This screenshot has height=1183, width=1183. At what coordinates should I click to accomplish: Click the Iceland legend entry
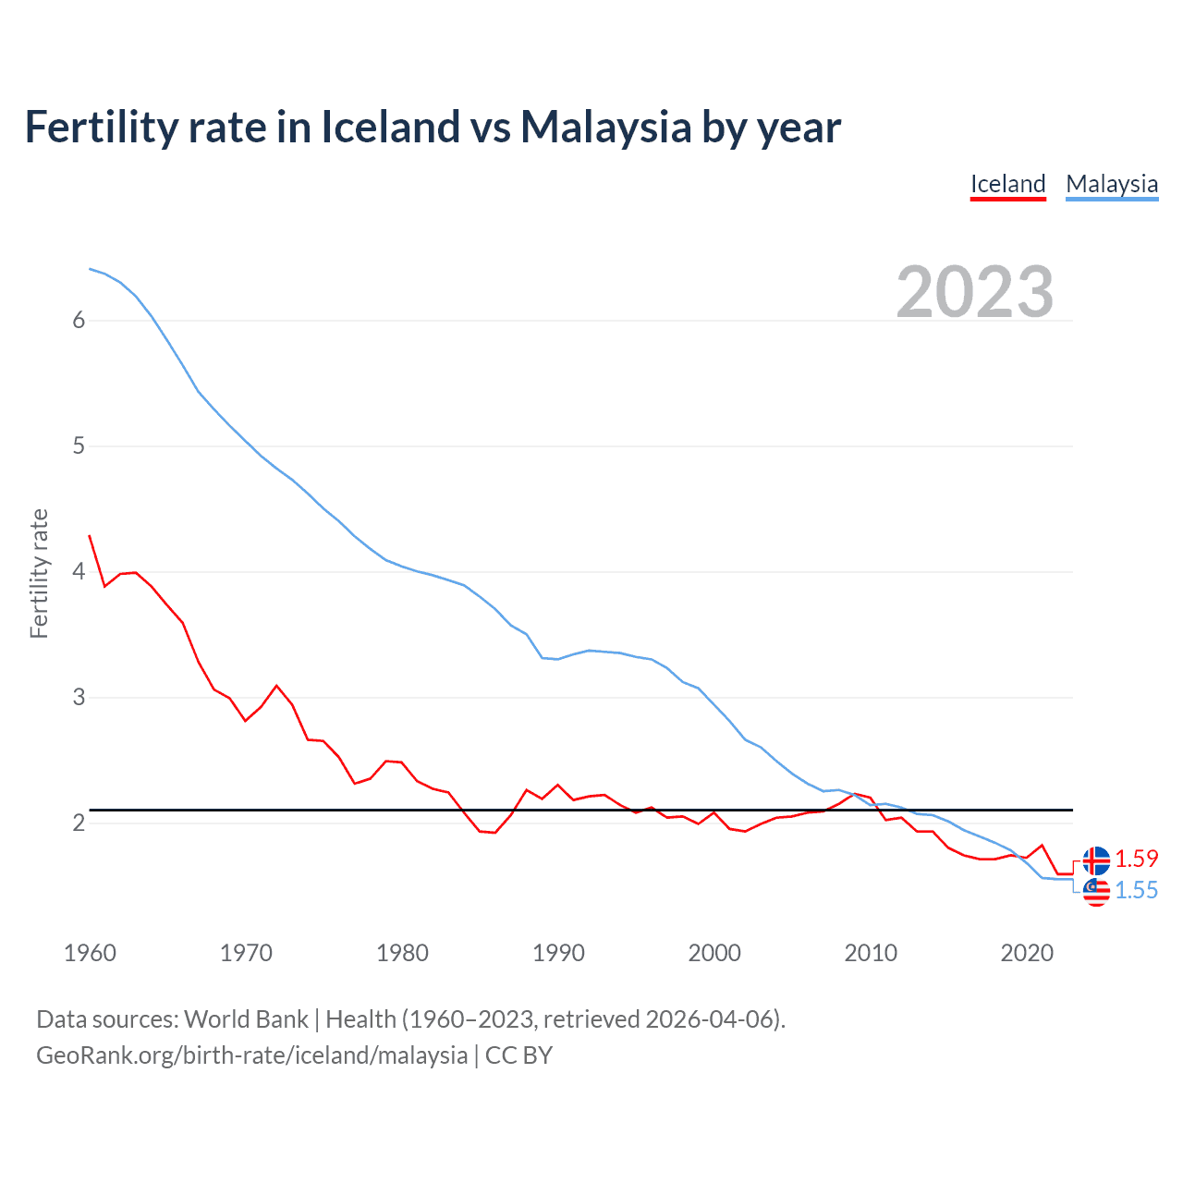click(x=1007, y=184)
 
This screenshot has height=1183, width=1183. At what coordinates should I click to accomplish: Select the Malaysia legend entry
click(x=1112, y=184)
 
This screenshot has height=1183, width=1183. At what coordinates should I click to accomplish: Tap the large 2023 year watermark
click(x=975, y=292)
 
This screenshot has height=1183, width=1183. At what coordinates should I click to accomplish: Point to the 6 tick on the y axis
click(x=79, y=320)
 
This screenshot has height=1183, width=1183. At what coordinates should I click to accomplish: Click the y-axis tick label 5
click(x=79, y=445)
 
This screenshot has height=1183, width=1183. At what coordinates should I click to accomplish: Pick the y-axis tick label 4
click(x=79, y=571)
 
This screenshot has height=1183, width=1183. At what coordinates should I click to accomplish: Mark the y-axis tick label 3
click(x=79, y=697)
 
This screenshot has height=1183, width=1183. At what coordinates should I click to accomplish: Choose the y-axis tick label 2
click(x=79, y=823)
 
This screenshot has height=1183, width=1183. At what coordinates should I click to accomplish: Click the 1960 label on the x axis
click(x=90, y=953)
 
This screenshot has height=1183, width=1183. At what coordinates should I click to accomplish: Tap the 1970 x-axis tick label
click(x=246, y=953)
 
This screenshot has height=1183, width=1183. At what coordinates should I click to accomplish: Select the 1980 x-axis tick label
click(x=402, y=953)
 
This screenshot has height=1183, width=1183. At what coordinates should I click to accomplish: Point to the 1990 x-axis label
click(x=558, y=953)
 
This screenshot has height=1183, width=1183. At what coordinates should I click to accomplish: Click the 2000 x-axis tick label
click(x=714, y=953)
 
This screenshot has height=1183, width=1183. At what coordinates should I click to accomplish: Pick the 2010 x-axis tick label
click(x=871, y=953)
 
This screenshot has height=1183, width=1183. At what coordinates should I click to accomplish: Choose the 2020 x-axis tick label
click(x=1027, y=953)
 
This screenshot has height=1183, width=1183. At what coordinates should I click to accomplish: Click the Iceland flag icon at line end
click(x=1096, y=860)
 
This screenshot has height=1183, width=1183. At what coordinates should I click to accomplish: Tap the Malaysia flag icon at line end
click(x=1096, y=892)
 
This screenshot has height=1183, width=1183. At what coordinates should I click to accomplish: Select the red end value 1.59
click(x=1136, y=859)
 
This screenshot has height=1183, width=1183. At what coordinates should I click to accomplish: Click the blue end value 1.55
click(x=1136, y=890)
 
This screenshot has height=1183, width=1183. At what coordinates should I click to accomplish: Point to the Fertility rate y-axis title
click(x=39, y=573)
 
